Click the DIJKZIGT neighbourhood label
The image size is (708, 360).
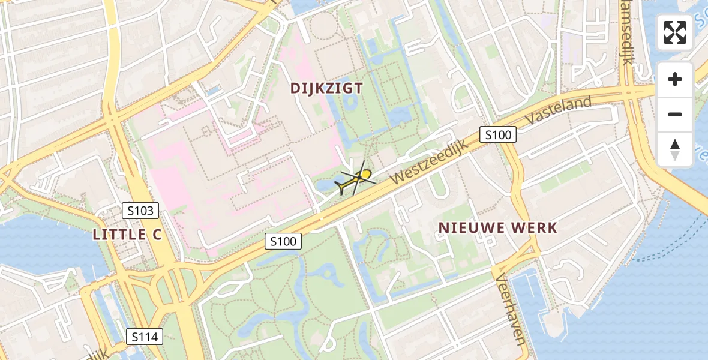click(327, 88)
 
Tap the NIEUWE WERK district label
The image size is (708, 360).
click(498, 228)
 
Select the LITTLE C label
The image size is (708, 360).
click(128, 235)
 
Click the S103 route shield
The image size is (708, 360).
click(141, 211)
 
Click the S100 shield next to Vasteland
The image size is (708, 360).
click(498, 135)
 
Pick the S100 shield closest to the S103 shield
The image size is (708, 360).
click(283, 241)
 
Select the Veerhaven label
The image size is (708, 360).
click(511, 306)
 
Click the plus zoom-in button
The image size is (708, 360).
click(675, 79)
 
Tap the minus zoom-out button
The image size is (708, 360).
click(675, 114)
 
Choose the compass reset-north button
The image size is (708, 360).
click(675, 149)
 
